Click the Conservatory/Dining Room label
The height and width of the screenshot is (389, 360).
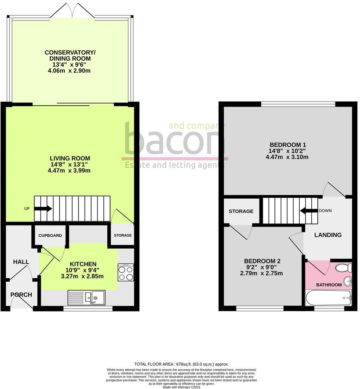[x=70, y=55]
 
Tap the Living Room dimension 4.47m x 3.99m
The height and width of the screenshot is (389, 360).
[x=70, y=170]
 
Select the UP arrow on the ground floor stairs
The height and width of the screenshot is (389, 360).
[x=43, y=209]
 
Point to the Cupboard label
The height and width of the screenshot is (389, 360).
[x=50, y=235]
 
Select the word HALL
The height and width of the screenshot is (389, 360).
[x=21, y=262]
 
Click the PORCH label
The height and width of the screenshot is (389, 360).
[x=21, y=295]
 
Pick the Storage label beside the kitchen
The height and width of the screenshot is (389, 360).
[x=123, y=235]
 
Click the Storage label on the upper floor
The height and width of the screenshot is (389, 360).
[x=241, y=211]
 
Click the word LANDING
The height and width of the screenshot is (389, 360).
[x=328, y=235]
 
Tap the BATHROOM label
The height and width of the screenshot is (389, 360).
[x=329, y=285]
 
